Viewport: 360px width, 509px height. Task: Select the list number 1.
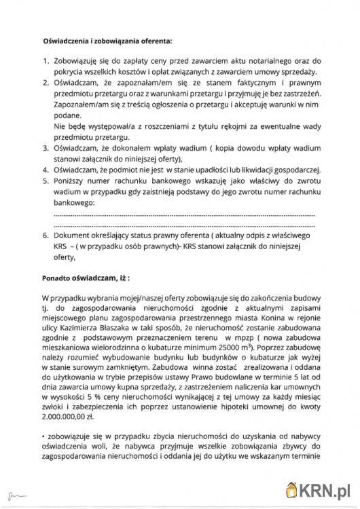coord(45,61)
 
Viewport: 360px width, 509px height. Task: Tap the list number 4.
coord(45,170)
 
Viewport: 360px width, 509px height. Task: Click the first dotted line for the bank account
coord(183,214)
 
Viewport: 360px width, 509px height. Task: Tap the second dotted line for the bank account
coord(183,225)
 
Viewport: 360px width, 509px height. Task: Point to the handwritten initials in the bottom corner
coord(11,490)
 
